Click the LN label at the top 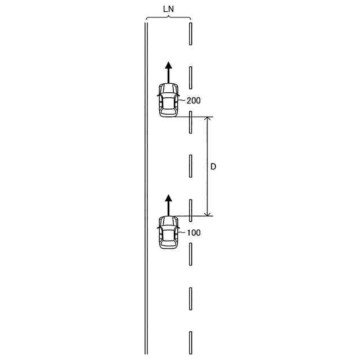click(x=169, y=9)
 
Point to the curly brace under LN click(x=169, y=17)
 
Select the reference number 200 click(x=193, y=101)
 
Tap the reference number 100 click(x=193, y=233)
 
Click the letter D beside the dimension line click(x=213, y=166)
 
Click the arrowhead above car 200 click(x=169, y=65)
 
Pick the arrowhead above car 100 click(x=169, y=198)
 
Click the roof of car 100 click(x=169, y=236)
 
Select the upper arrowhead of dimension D click(x=208, y=119)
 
